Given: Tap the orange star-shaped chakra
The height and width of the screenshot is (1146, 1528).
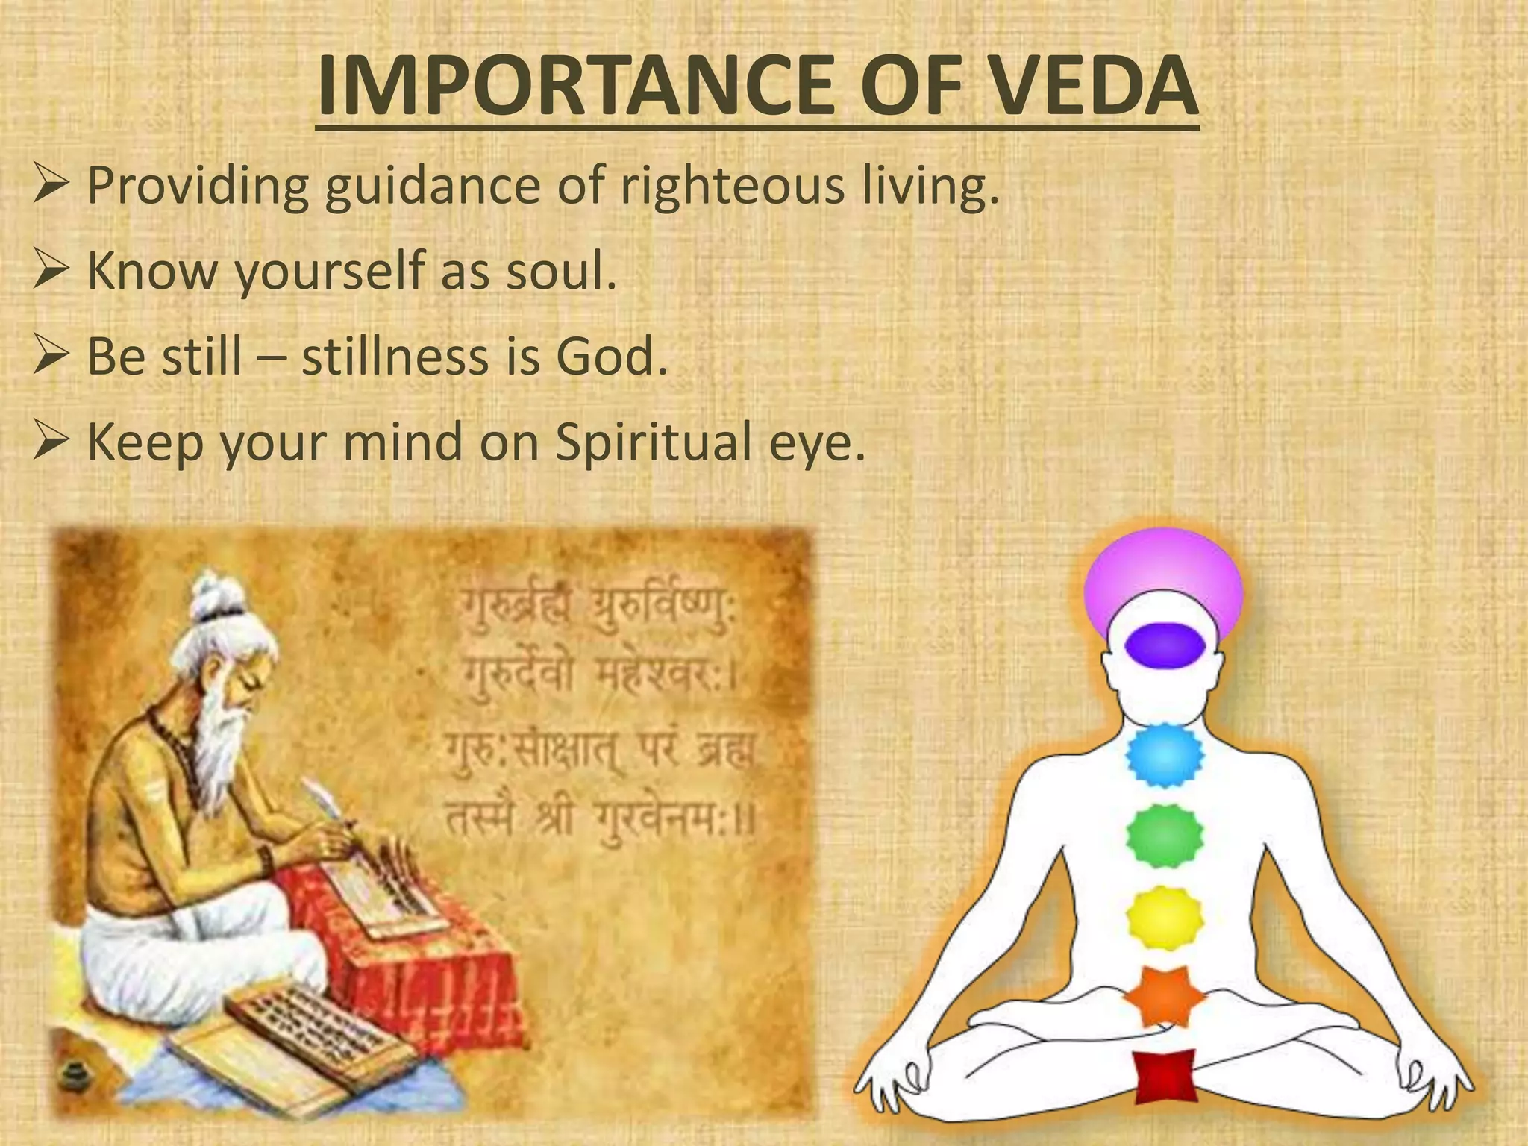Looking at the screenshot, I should [1165, 997].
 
